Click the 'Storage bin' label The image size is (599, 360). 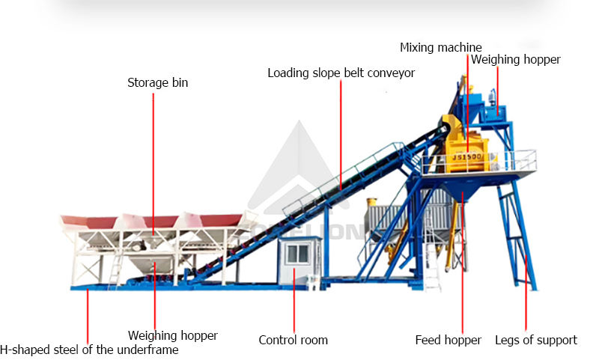[x=157, y=83]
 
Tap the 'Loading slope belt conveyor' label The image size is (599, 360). [x=341, y=73]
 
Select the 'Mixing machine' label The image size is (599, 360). [x=440, y=48]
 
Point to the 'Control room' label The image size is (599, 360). [x=293, y=340]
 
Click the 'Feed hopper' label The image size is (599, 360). [x=448, y=340]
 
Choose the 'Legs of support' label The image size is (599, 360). [x=535, y=340]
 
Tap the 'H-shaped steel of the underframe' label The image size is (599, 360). [x=89, y=350]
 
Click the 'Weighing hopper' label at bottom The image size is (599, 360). [x=172, y=335]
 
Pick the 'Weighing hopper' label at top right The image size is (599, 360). [x=515, y=60]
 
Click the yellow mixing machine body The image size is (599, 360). [x=459, y=138]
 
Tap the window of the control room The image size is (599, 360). [x=297, y=254]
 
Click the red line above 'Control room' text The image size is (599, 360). [x=294, y=299]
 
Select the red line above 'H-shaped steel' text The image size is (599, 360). [x=88, y=314]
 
